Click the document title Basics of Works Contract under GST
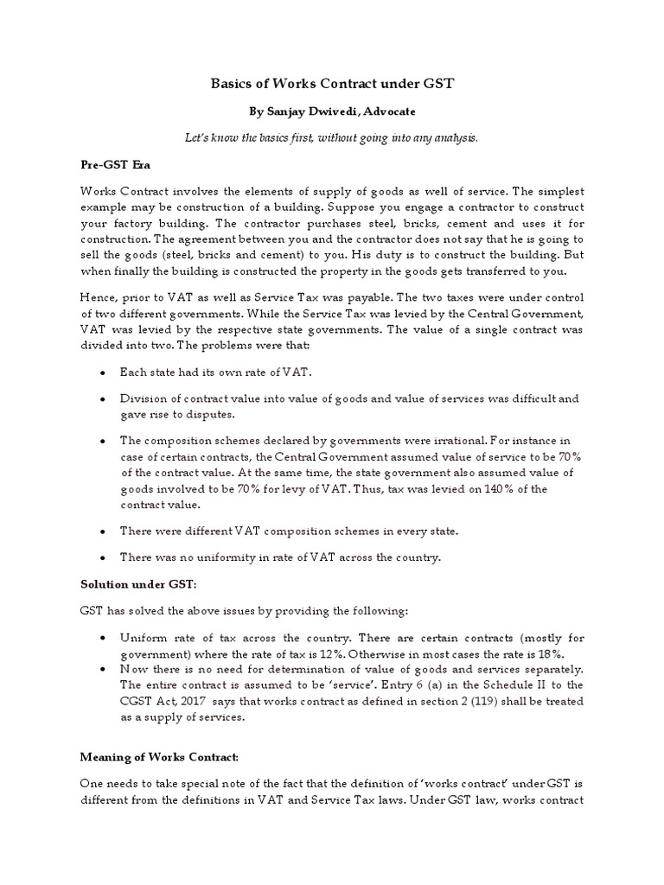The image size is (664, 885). pos(333,84)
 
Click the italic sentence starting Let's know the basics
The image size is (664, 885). pos(332,137)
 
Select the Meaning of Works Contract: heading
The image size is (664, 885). pos(160,758)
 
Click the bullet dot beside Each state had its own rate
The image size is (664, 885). pos(103,372)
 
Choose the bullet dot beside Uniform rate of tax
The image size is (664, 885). pos(103,638)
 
